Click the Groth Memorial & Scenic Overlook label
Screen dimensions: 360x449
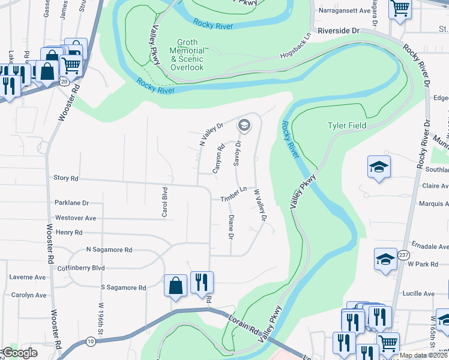[187, 55]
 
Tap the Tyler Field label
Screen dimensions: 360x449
[346, 125]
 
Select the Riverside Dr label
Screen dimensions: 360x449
[339, 30]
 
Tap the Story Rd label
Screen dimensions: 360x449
[66, 178]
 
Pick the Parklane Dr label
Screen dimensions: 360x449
[71, 203]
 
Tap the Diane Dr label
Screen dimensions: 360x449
[231, 227]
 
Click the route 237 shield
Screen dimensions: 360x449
[403, 256]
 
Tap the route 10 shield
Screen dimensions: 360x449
[90, 341]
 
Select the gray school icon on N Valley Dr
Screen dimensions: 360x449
[244, 125]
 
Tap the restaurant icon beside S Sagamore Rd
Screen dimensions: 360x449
[201, 281]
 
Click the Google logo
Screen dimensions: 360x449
[20, 353]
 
